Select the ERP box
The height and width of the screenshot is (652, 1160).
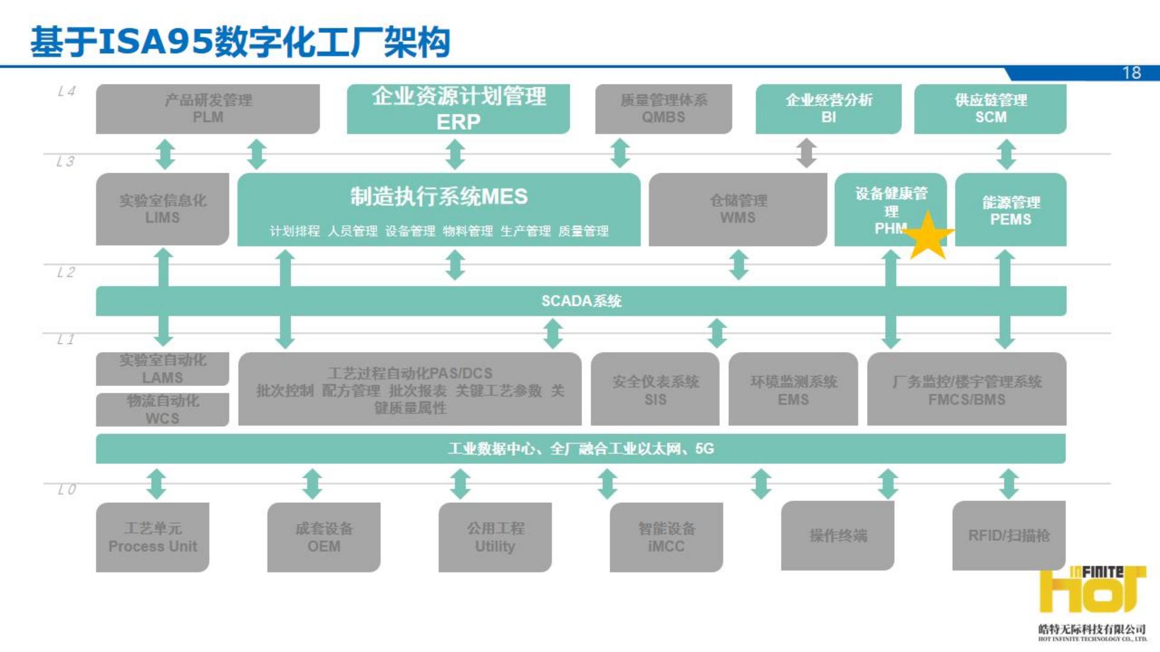[x=458, y=109]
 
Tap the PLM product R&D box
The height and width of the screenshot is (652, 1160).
[x=208, y=109]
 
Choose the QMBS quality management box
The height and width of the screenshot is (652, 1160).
[x=663, y=109]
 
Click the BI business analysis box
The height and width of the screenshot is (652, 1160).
[x=828, y=109]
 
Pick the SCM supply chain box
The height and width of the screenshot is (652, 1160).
[x=990, y=109]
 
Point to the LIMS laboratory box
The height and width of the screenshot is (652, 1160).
[x=163, y=209]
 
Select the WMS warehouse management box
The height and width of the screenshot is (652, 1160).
[x=738, y=209]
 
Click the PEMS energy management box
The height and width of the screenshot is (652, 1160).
[x=1011, y=210]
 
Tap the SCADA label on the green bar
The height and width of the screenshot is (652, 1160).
[x=581, y=301]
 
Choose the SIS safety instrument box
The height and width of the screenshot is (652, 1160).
[x=655, y=390]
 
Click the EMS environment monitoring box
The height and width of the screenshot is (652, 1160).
[x=793, y=390]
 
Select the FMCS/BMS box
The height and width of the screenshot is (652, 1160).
[x=967, y=390]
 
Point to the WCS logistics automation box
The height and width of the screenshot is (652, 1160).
[x=163, y=410]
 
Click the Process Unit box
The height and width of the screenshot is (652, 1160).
[x=153, y=537]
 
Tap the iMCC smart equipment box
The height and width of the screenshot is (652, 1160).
[x=666, y=537]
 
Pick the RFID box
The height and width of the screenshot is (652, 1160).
[x=1009, y=535]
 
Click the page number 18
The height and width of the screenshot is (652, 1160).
[x=1132, y=73]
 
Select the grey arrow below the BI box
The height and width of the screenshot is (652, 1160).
[x=806, y=153]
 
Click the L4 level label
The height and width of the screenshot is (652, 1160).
[x=66, y=91]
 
